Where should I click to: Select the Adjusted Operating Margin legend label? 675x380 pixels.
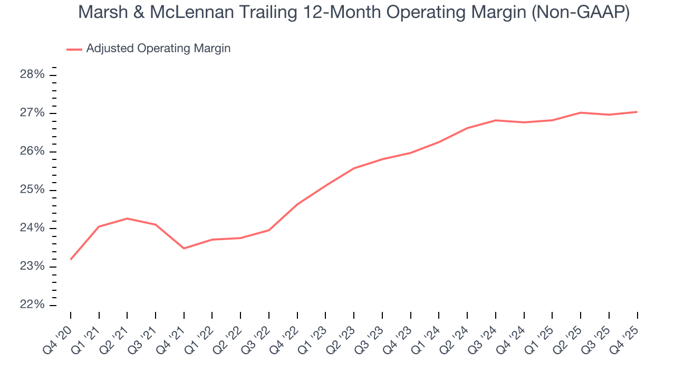click(158, 49)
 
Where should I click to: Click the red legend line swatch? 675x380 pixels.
click(74, 49)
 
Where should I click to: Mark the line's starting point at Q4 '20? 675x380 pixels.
click(71, 259)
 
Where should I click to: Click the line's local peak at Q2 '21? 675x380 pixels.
click(127, 218)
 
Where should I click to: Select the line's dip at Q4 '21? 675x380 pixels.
click(184, 248)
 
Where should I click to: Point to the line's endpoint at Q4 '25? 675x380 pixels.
click(637, 112)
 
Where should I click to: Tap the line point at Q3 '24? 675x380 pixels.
click(496, 120)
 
